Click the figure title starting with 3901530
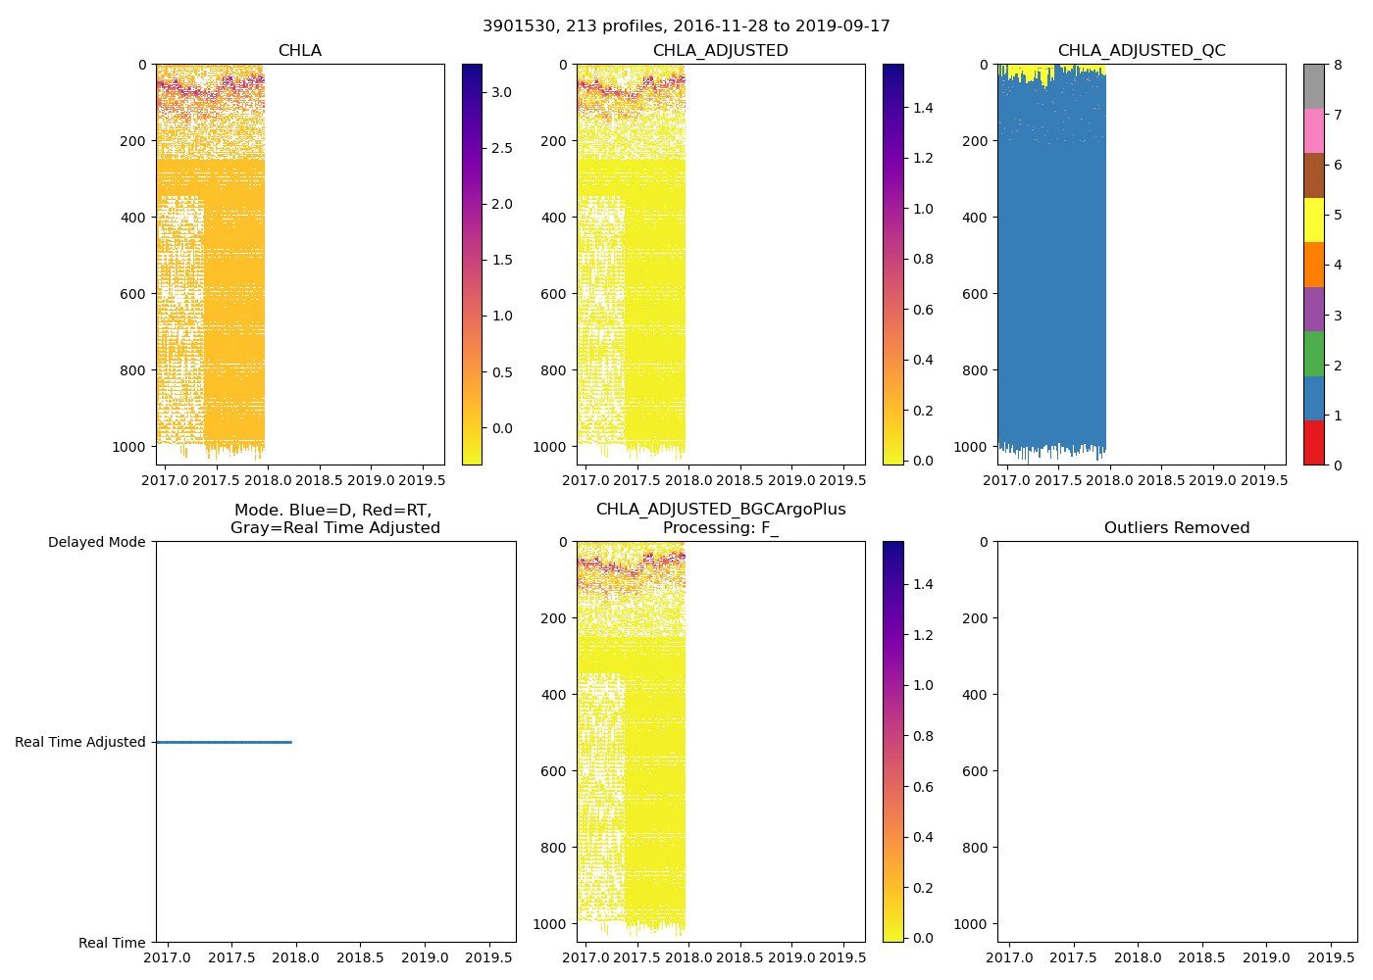point(686,26)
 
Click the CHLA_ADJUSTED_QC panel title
point(1142,51)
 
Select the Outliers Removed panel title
point(1177,528)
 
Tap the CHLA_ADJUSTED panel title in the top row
point(721,51)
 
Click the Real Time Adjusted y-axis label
point(80,742)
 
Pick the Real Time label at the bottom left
point(112,943)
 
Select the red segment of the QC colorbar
point(1313,443)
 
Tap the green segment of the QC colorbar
point(1313,354)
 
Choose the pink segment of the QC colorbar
point(1313,130)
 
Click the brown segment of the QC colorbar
point(1313,175)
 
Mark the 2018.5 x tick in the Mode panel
point(361,957)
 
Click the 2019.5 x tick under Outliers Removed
point(1331,957)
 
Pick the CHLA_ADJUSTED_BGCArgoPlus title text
point(721,510)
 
